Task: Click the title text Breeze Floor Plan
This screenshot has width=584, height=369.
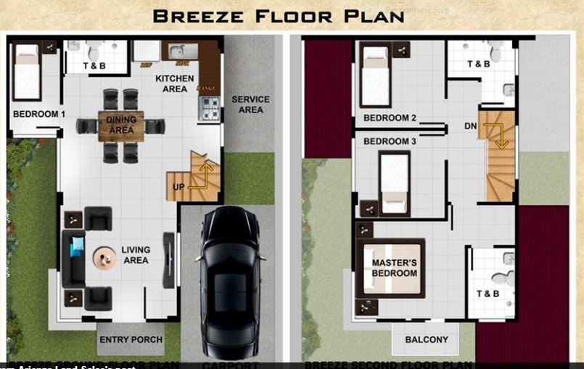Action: [x=279, y=16]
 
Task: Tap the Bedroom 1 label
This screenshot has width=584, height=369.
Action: [x=39, y=114]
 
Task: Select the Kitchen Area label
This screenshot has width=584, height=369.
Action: [x=175, y=84]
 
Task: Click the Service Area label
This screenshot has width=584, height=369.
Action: [x=250, y=105]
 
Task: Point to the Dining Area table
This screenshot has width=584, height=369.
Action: [x=121, y=126]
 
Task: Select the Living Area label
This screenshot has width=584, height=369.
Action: [x=136, y=255]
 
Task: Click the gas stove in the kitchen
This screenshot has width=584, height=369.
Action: [x=209, y=108]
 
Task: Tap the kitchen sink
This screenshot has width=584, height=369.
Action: [x=180, y=52]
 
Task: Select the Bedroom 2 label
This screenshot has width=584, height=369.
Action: [x=390, y=118]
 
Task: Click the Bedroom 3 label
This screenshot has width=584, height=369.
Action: [x=390, y=141]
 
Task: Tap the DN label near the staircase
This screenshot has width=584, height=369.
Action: [x=471, y=126]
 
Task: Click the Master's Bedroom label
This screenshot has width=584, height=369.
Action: [x=395, y=268]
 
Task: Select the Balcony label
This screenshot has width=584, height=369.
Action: [x=427, y=339]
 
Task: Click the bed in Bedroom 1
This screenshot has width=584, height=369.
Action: [x=27, y=71]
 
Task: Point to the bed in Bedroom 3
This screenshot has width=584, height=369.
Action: [x=395, y=182]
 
